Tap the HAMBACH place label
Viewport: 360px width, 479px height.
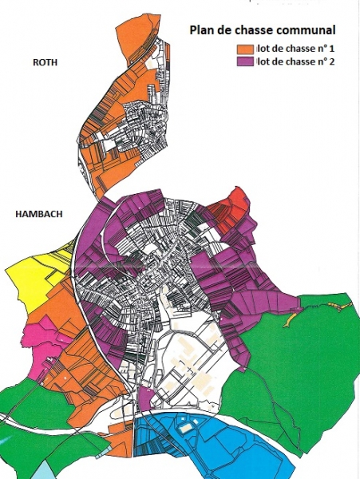[x=39, y=215]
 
